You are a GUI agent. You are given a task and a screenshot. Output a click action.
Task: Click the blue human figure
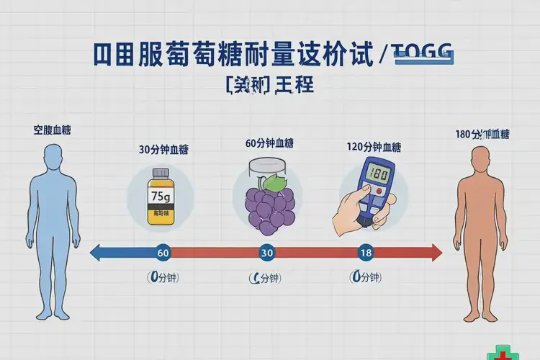pyautogui.click(x=53, y=230)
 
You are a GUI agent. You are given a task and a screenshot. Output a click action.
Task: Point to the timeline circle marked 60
pyautogui.click(x=163, y=253)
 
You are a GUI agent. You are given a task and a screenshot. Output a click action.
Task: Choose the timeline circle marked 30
pyautogui.click(x=266, y=253)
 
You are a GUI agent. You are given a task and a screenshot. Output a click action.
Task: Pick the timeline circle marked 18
pyautogui.click(x=365, y=253)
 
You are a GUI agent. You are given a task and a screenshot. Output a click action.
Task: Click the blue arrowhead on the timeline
pyautogui.click(x=96, y=253)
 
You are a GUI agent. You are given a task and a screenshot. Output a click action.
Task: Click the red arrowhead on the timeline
pyautogui.click(x=436, y=253)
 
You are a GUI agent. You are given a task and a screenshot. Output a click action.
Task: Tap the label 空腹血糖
pyautogui.click(x=52, y=130)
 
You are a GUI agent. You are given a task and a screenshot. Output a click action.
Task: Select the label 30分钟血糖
pyautogui.click(x=165, y=150)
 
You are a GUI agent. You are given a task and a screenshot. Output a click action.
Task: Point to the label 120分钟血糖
pyautogui.click(x=373, y=148)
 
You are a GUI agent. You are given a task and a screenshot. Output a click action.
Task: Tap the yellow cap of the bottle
pyautogui.click(x=160, y=174)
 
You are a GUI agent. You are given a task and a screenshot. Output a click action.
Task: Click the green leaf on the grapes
pyautogui.click(x=271, y=184)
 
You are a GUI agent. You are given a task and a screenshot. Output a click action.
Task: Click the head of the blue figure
pyautogui.click(x=53, y=157)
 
